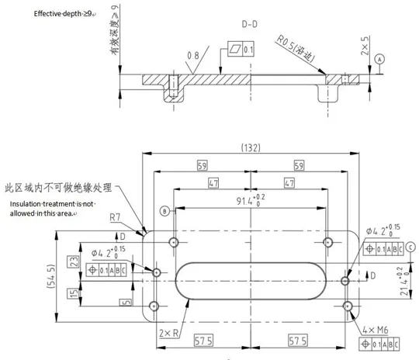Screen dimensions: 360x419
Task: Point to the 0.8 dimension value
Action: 193,55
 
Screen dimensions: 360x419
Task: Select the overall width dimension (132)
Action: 250,147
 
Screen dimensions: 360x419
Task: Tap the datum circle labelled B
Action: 164,211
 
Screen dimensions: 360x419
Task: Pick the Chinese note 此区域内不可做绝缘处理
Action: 58,188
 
